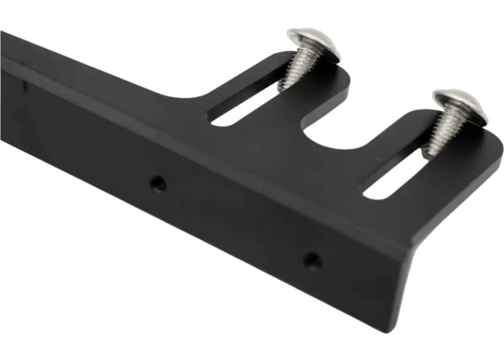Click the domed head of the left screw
click(x=314, y=43)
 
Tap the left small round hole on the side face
click(x=157, y=182)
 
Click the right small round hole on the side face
click(x=312, y=259)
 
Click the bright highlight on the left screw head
click(x=307, y=36)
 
